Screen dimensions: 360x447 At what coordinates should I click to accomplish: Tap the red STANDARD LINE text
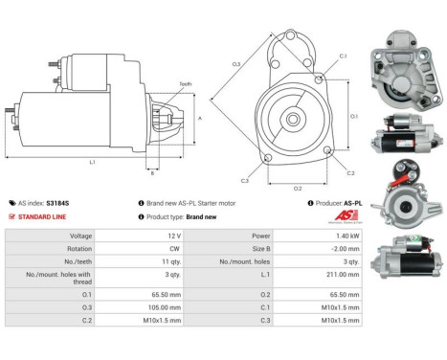44,217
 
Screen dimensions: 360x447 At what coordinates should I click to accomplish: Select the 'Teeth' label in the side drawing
187,83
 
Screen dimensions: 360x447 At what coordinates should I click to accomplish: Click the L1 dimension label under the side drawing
93,162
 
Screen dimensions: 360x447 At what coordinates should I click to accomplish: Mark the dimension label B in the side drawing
151,172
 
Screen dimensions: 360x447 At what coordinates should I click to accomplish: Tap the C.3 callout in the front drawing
245,180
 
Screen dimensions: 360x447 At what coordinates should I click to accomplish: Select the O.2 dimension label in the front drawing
298,187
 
